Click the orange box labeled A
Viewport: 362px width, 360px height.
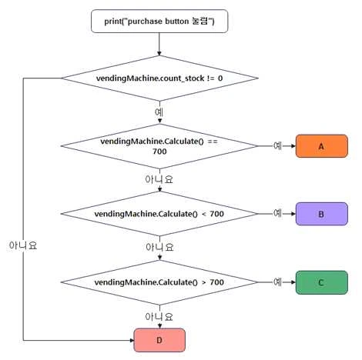322,146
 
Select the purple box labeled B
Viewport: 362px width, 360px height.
322,214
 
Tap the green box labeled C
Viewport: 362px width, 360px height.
322,282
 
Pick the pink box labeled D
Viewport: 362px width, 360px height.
159,340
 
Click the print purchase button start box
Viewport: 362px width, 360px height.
159,22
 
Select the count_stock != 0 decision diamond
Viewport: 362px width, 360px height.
159,78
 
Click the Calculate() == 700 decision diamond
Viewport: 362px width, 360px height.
159,146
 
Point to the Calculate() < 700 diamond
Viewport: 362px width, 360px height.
159,214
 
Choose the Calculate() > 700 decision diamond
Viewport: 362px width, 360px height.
159,282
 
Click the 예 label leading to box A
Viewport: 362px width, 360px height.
277,146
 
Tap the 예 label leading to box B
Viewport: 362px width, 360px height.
277,213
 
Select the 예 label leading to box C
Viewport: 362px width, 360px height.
277,282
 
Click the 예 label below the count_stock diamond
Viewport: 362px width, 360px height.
159,112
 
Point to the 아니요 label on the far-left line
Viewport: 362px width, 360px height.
23,245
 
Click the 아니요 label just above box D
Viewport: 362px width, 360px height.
159,317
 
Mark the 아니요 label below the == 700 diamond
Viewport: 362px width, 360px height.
159,179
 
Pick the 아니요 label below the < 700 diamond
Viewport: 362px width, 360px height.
159,248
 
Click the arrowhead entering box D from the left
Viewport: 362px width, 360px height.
132,341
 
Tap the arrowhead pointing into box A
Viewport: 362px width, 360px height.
293,146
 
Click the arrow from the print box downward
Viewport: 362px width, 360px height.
159,44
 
